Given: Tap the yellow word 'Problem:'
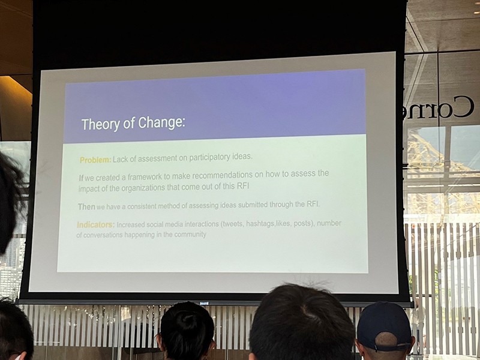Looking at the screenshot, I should (x=95, y=160).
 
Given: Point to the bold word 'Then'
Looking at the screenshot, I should (x=86, y=206).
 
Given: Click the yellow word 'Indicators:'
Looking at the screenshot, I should (x=95, y=225).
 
